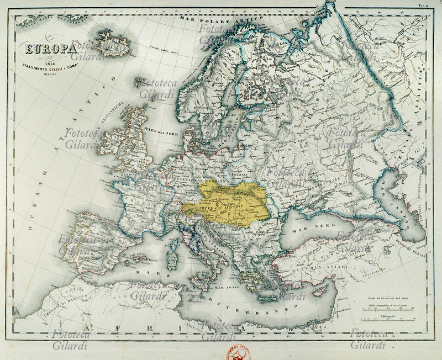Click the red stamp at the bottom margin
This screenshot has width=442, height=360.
tap(236, 351)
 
